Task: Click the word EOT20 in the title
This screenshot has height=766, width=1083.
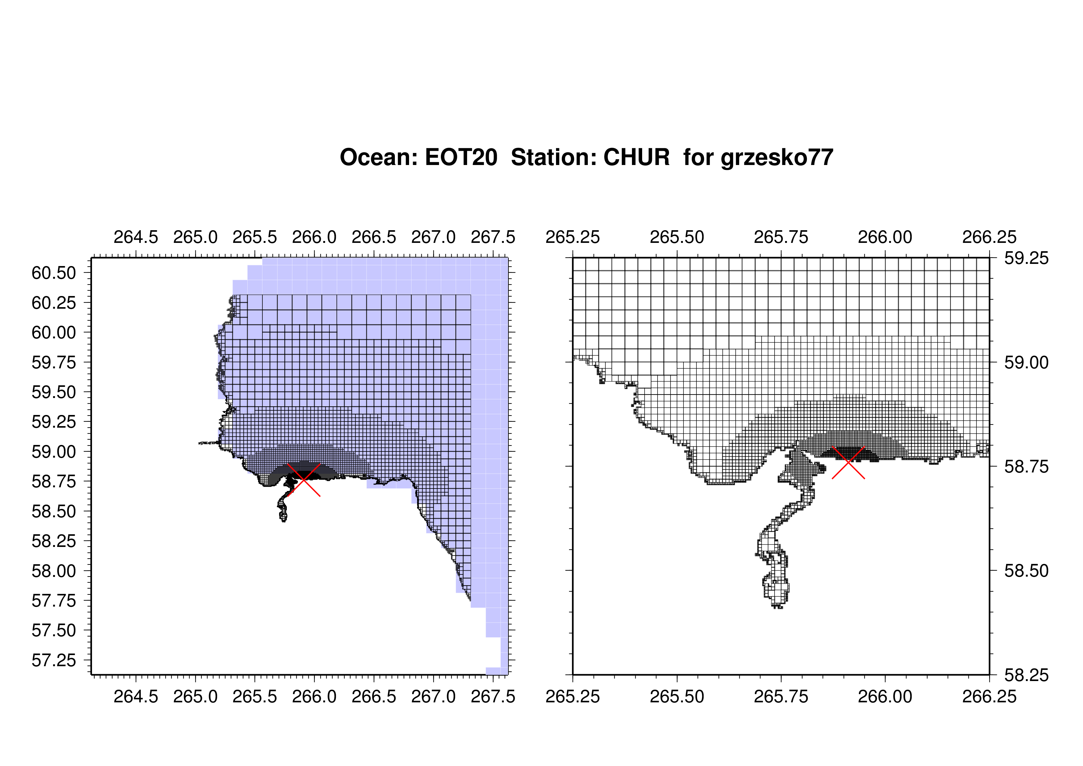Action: (x=461, y=157)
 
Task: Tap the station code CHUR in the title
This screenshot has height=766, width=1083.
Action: (x=636, y=157)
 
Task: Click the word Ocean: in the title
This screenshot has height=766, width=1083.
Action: (x=379, y=157)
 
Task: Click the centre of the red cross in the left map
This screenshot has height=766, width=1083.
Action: (x=304, y=480)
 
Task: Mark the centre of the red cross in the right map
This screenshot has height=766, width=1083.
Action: (x=848, y=463)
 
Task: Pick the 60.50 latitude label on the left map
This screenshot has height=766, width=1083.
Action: (x=54, y=273)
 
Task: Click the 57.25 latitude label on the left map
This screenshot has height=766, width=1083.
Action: (x=54, y=660)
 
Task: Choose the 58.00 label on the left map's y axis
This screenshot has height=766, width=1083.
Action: (x=54, y=571)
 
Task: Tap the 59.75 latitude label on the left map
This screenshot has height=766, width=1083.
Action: (x=54, y=362)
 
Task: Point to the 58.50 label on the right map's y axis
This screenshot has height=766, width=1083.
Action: (x=1027, y=571)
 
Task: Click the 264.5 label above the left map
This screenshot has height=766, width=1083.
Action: (x=136, y=237)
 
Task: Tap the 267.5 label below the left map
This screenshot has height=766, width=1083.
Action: (x=493, y=696)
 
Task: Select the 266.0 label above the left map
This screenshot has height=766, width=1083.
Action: (x=314, y=237)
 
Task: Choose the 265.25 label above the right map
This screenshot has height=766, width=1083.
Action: (x=573, y=237)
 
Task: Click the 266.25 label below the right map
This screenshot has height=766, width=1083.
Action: (x=989, y=696)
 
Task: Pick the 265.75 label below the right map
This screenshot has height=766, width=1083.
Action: (x=781, y=696)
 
